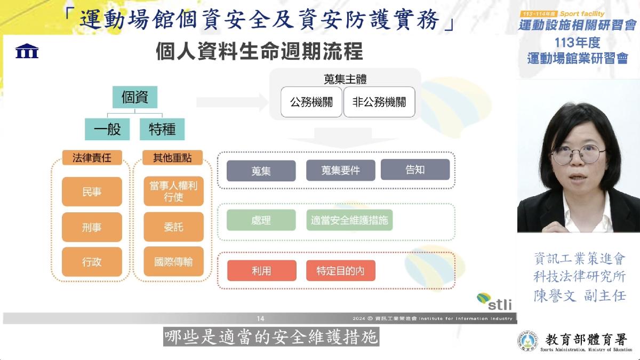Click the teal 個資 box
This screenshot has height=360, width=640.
click(135, 97)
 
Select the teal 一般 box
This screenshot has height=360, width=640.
click(107, 129)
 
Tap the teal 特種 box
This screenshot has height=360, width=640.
click(162, 129)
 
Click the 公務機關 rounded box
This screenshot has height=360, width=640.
click(311, 102)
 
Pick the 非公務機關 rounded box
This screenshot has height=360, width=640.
click(379, 102)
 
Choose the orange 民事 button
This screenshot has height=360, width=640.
click(92, 191)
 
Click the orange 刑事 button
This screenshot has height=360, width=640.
click(92, 227)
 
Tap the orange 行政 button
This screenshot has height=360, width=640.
click(92, 262)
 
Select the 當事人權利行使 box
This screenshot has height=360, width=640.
click(174, 191)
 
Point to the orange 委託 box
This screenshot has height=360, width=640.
click(174, 227)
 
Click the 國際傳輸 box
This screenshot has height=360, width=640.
click(174, 261)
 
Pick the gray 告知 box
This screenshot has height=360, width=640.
click(415, 170)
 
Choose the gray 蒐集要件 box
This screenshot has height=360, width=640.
click(341, 170)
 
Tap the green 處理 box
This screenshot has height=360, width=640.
click(261, 220)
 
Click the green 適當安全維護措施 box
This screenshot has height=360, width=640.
click(349, 220)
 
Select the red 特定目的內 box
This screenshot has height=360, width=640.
click(341, 270)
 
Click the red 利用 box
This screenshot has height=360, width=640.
click(262, 270)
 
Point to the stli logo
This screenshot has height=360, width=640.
click(494, 301)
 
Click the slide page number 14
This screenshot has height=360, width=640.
click(260, 318)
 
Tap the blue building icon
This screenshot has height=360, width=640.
click(27, 51)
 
